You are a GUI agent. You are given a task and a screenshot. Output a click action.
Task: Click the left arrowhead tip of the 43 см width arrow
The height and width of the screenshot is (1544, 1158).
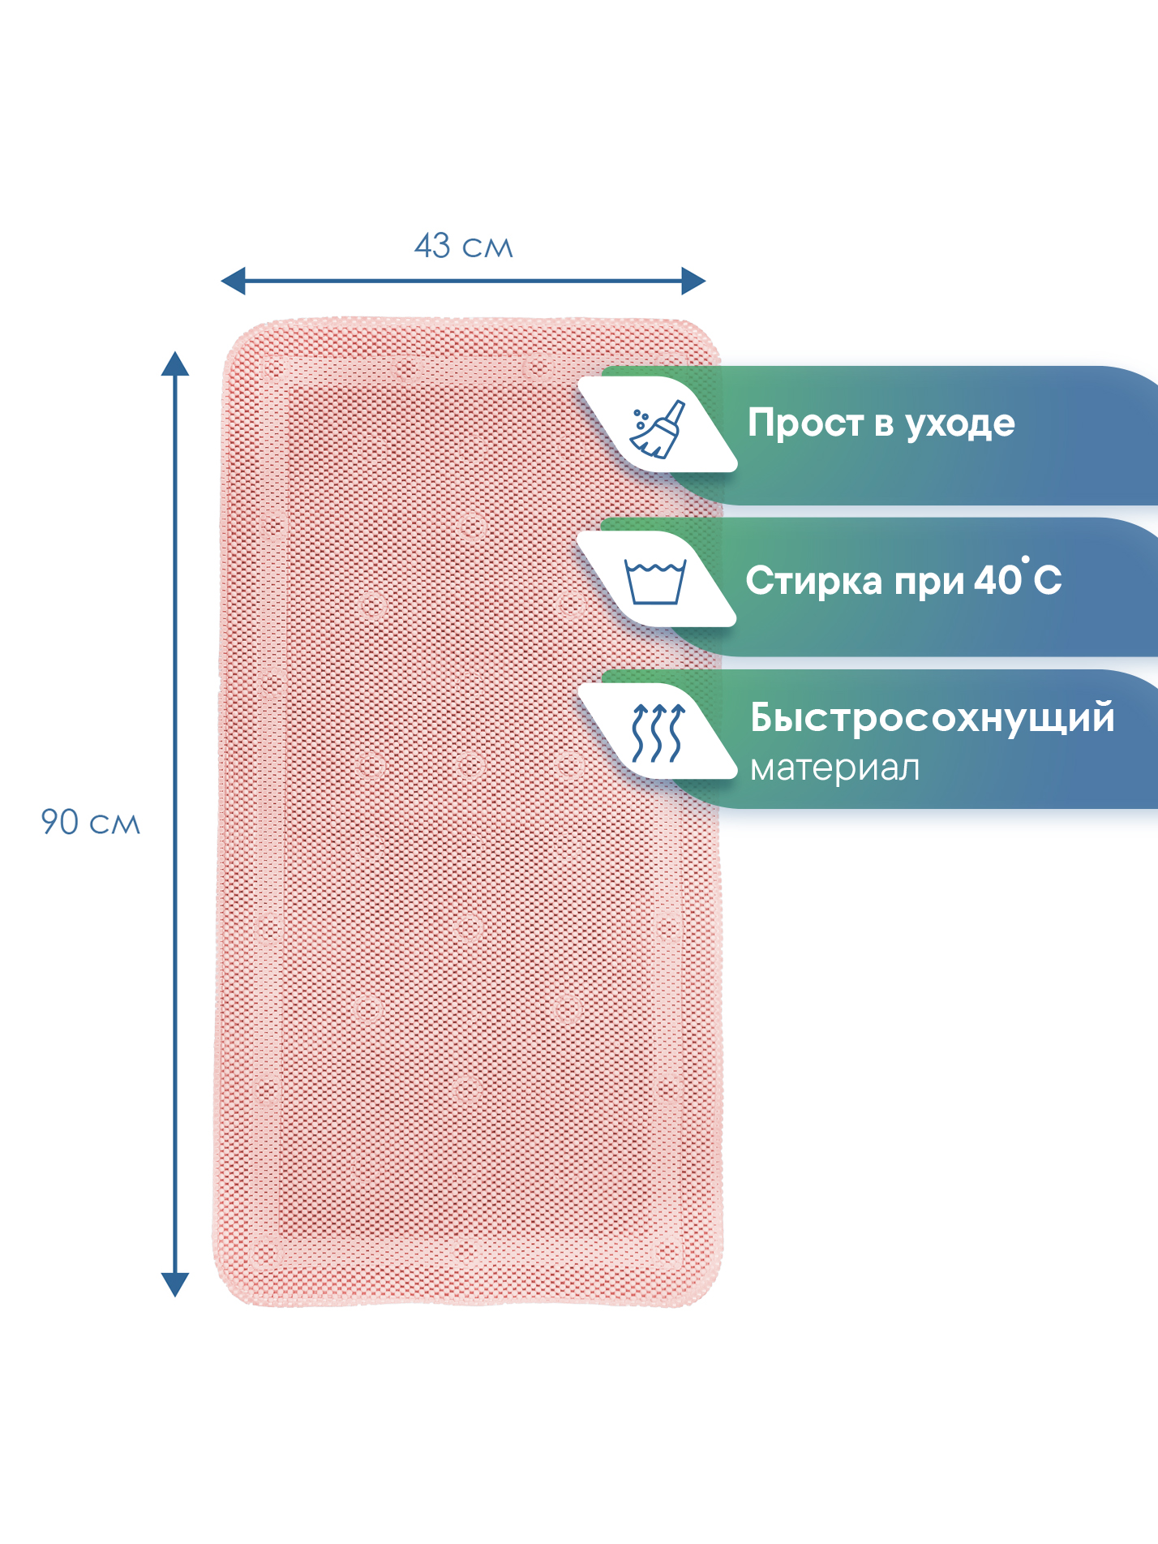(x=221, y=282)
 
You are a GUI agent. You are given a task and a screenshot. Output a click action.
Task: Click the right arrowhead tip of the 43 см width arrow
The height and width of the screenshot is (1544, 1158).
(x=706, y=282)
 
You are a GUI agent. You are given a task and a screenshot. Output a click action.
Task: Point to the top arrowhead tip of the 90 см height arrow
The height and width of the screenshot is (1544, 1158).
(x=175, y=352)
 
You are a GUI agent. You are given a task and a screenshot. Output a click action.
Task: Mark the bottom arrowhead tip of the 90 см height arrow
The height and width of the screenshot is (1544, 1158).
(x=175, y=1297)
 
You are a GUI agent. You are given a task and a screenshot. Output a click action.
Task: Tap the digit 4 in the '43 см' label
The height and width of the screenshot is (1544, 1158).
(x=423, y=246)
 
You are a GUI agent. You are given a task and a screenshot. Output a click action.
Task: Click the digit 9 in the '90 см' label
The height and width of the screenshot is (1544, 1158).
(x=50, y=822)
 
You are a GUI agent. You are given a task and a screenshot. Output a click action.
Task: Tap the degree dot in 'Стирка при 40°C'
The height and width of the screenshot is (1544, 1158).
(x=1026, y=559)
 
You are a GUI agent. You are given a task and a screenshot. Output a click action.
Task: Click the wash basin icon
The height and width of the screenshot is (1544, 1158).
(x=655, y=581)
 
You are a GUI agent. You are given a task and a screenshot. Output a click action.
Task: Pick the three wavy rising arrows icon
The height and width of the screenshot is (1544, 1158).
(x=658, y=733)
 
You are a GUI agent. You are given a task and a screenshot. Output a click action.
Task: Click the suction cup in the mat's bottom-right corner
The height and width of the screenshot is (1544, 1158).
(x=668, y=1253)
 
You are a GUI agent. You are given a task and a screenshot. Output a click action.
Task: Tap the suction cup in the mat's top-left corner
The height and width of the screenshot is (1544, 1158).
(x=274, y=370)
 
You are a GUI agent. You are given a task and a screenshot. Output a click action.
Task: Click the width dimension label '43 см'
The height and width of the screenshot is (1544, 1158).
(x=464, y=246)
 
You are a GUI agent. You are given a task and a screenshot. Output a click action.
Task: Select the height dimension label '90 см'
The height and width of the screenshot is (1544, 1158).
(x=91, y=822)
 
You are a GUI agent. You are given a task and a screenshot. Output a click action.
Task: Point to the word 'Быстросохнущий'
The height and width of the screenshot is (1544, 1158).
(x=933, y=718)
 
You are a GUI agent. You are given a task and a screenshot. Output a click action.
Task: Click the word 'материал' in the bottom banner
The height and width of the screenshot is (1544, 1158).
(x=835, y=768)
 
